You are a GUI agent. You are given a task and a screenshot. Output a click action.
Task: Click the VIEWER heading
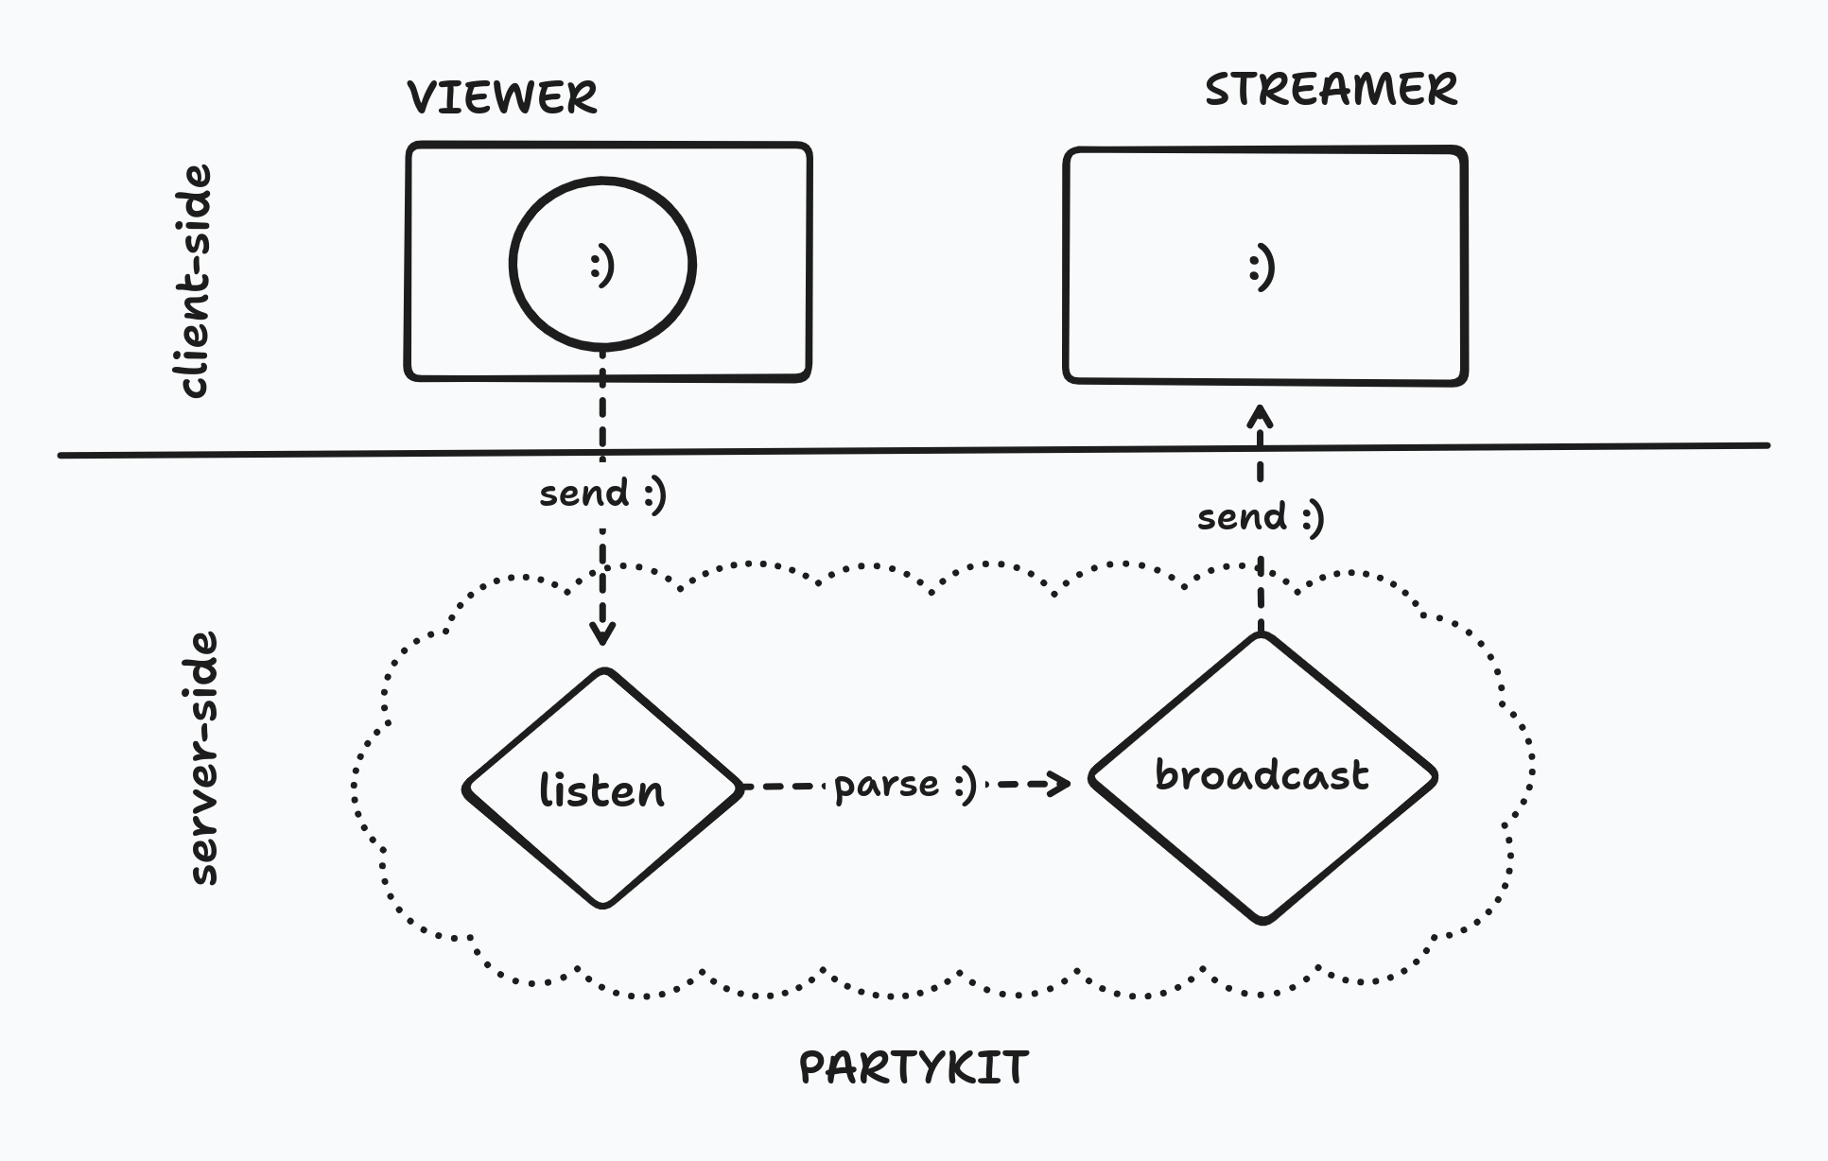pyautogui.click(x=502, y=97)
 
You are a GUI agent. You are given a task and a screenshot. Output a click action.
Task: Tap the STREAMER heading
pyautogui.click(x=1331, y=90)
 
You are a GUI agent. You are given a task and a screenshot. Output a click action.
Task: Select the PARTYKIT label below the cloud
pyautogui.click(x=914, y=1067)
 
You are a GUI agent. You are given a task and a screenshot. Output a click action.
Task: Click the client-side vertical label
pyautogui.click(x=195, y=282)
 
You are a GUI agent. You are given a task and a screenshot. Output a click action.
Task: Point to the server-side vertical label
pyautogui.click(x=202, y=758)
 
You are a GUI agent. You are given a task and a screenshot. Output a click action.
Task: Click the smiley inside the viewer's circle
pyautogui.click(x=602, y=266)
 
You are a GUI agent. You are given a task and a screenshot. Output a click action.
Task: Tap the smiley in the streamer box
pyautogui.click(x=1262, y=268)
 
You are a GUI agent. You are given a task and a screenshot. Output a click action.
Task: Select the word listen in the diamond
pyautogui.click(x=601, y=790)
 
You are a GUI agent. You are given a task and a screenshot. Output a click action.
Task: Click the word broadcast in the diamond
pyautogui.click(x=1262, y=775)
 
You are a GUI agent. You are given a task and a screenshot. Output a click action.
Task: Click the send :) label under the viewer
pyautogui.click(x=602, y=494)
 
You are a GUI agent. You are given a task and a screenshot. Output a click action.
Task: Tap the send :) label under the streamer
pyautogui.click(x=1261, y=517)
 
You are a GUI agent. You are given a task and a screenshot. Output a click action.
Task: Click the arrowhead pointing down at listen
pyautogui.click(x=602, y=634)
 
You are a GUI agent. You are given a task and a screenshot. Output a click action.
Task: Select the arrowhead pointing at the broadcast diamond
pyautogui.click(x=1061, y=783)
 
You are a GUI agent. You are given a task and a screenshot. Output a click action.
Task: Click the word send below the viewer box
pyautogui.click(x=583, y=494)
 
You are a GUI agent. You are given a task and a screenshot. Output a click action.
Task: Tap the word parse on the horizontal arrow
pyautogui.click(x=886, y=786)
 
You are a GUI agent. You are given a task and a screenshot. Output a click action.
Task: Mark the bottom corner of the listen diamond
pyautogui.click(x=603, y=906)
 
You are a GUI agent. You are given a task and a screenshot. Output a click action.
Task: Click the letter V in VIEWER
pyautogui.click(x=424, y=97)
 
